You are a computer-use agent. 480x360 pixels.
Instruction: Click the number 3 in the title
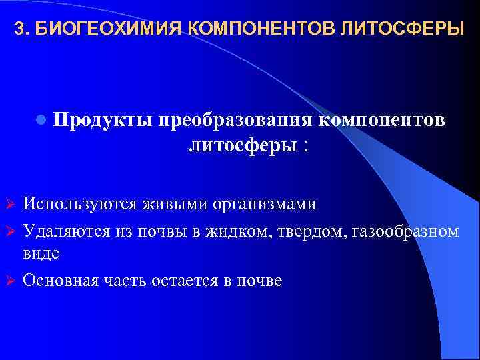19,30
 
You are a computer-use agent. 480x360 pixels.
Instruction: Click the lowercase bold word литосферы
243,145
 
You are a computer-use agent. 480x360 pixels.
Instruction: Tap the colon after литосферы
305,146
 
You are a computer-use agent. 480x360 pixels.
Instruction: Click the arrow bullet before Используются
10,202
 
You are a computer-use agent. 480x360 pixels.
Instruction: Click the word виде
41,253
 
